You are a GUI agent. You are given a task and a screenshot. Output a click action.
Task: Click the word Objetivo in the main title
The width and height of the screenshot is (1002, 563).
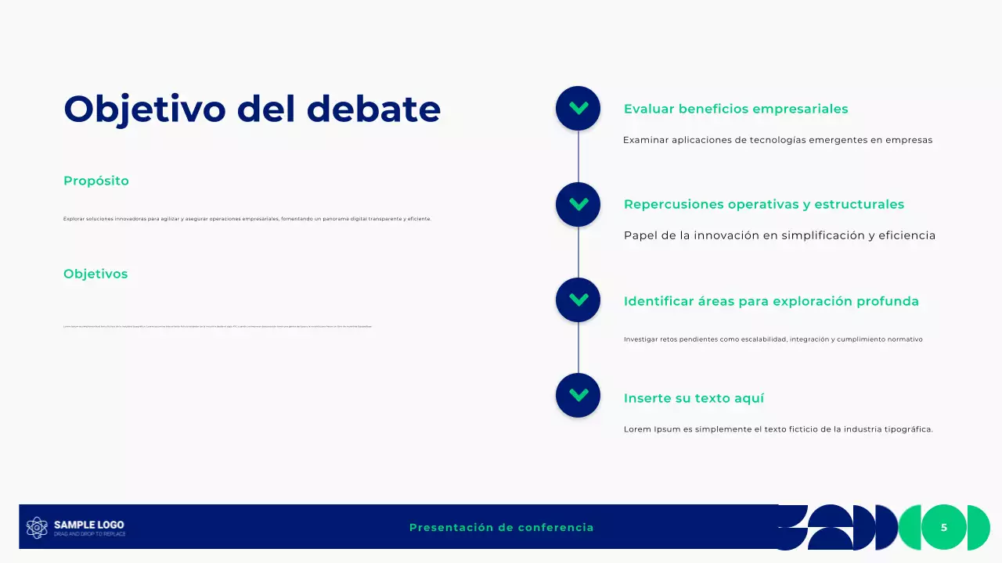coord(144,109)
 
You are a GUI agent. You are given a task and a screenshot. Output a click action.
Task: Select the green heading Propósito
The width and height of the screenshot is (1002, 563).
coord(96,181)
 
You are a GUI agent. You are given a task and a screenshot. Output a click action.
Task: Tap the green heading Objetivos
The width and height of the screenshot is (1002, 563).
coord(96,274)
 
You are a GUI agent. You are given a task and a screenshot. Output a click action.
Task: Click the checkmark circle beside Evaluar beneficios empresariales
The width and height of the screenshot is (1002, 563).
coord(578,108)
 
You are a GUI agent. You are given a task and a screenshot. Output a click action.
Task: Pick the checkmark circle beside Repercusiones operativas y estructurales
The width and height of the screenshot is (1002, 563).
coord(578,204)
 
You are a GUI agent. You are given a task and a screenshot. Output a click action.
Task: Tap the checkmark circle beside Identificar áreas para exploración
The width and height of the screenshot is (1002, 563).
coord(578,299)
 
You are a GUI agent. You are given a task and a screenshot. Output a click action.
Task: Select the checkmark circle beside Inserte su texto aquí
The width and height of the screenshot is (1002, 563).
coord(578,395)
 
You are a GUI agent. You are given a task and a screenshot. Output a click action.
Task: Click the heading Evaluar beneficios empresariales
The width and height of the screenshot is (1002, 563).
coord(735,109)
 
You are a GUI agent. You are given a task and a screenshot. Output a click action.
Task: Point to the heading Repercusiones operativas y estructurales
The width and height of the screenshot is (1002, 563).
coord(763,205)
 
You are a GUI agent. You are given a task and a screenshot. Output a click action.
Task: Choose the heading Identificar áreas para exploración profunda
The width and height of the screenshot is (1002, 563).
coord(771,302)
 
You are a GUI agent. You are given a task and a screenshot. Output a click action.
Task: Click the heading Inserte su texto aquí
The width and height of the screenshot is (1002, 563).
coord(694,399)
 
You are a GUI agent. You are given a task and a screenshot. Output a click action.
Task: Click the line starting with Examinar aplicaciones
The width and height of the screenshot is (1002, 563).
coord(777,141)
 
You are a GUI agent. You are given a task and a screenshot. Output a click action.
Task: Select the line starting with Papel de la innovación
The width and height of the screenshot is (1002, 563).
coord(779,235)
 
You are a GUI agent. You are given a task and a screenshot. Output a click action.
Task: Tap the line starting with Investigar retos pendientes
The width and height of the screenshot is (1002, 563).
coord(773,339)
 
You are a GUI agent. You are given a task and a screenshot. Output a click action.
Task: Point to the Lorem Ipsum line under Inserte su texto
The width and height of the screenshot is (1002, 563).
coord(778,429)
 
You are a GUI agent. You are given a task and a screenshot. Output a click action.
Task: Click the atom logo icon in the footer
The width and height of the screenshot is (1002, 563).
coord(37,528)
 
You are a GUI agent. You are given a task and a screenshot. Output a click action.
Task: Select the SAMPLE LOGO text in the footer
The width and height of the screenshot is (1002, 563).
coord(88,525)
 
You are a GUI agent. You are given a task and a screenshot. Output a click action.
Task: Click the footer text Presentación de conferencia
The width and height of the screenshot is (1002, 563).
coord(501,528)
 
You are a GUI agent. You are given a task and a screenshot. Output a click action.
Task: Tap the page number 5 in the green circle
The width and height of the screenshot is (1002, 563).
coord(943,528)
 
